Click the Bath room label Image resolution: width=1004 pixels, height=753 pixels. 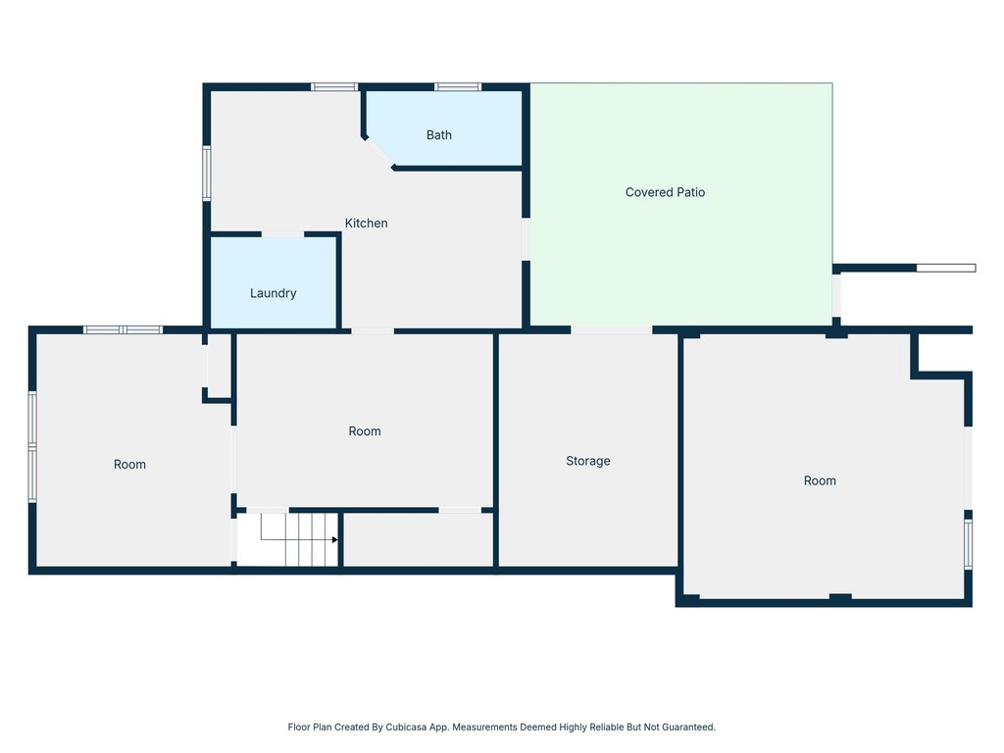point(438,135)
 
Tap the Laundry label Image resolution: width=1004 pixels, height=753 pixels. point(273,293)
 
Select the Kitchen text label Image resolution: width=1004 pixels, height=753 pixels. point(366,223)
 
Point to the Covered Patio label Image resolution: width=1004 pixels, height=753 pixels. point(665,192)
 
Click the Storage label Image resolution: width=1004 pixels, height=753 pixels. point(588,461)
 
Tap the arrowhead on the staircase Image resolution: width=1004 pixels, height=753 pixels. point(335,540)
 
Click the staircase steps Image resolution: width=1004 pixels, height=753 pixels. point(299,539)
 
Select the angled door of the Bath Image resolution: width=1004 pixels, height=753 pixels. point(378,153)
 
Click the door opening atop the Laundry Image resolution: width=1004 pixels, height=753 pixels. point(282,234)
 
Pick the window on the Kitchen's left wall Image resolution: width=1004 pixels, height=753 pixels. point(207,174)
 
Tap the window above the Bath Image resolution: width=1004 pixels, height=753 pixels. point(457,87)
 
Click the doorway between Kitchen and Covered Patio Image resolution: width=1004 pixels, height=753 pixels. point(526,239)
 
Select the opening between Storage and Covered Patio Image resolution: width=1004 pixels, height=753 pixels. point(612,330)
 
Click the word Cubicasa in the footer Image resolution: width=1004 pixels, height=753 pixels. point(406,727)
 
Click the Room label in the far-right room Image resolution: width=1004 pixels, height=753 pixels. point(820,480)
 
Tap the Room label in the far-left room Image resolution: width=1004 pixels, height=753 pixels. point(129,464)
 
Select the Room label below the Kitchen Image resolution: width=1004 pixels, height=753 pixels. point(365,431)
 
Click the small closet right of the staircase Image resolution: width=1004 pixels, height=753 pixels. point(418,539)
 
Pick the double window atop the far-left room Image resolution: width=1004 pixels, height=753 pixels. point(123,330)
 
